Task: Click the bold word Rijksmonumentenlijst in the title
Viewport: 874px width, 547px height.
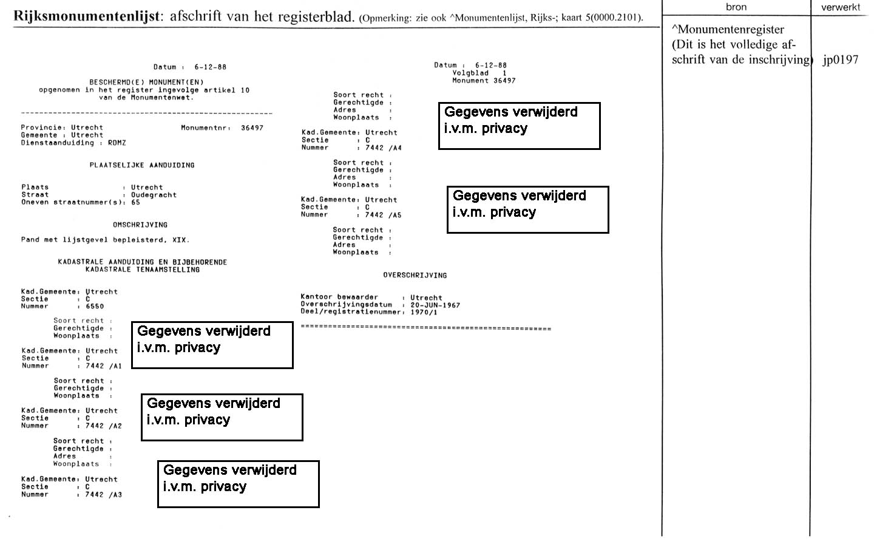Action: click(87, 16)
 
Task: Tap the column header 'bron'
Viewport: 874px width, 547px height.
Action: click(736, 7)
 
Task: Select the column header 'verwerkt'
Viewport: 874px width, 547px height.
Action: click(841, 7)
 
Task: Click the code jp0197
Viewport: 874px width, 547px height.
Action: click(841, 59)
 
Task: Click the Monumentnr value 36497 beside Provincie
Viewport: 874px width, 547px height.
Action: click(252, 128)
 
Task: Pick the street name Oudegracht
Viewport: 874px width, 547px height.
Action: click(154, 195)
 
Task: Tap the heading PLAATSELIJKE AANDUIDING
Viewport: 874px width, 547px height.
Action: click(142, 165)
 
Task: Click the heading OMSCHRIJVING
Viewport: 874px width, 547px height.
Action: click(140, 225)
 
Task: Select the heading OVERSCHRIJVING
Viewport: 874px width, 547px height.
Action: click(415, 276)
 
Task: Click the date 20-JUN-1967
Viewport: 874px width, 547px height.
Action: click(435, 305)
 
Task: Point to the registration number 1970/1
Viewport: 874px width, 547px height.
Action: click(424, 313)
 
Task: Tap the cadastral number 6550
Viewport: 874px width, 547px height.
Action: click(95, 307)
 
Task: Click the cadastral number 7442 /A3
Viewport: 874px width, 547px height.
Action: click(103, 495)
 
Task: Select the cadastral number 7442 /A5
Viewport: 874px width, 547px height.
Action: click(383, 215)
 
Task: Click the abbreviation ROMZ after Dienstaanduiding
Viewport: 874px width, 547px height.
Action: click(117, 143)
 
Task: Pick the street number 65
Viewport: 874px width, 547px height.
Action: click(135, 203)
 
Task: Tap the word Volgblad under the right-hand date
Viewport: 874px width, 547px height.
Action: click(470, 73)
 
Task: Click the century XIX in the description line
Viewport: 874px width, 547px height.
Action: click(180, 240)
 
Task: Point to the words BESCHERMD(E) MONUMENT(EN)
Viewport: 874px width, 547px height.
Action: click(146, 83)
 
